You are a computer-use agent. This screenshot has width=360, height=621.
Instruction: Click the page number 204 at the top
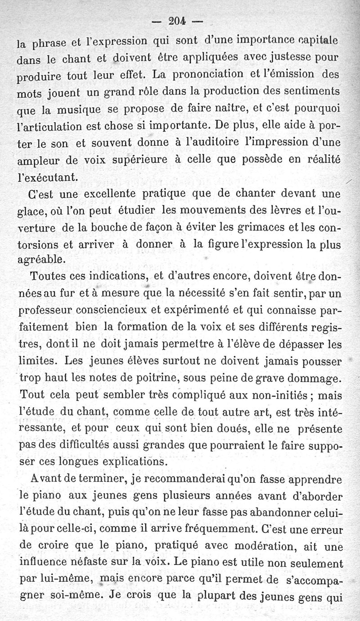tap(179, 21)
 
